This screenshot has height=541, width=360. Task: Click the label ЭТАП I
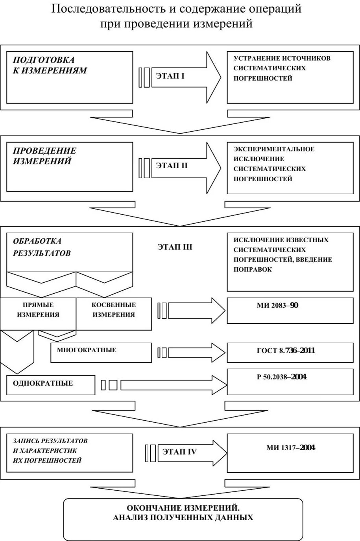point(170,75)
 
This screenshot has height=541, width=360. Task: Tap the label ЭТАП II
point(172,166)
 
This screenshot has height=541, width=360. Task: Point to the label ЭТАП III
point(175,247)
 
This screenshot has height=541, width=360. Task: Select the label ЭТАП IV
point(179,452)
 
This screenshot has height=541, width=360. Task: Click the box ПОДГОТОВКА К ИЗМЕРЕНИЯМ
point(70,77)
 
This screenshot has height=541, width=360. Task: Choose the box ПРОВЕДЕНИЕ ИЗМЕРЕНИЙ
point(70,167)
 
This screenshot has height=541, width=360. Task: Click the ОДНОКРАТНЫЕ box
point(51,385)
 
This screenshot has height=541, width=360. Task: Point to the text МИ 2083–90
point(277,305)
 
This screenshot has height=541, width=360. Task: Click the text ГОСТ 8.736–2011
point(286,350)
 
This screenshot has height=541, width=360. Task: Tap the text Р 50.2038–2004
point(282,377)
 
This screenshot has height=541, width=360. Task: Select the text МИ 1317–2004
point(290,448)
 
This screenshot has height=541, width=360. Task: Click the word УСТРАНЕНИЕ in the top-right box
point(254,58)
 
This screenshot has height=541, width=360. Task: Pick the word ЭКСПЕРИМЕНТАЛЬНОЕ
point(274,149)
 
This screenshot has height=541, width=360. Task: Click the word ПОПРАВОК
point(253,270)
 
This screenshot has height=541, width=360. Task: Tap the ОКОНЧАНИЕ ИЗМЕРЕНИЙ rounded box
point(183,519)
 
